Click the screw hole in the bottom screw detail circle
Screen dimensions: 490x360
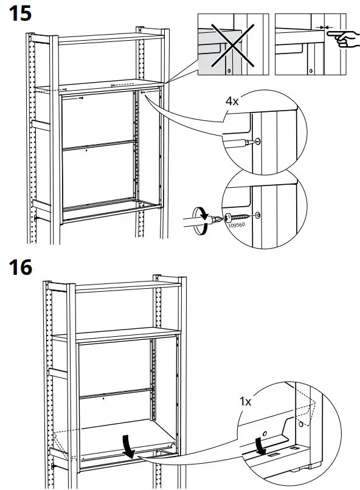258,215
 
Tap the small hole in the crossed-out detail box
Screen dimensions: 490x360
229,71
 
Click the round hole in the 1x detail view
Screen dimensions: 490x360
301,423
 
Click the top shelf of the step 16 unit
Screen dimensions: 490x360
128,286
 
